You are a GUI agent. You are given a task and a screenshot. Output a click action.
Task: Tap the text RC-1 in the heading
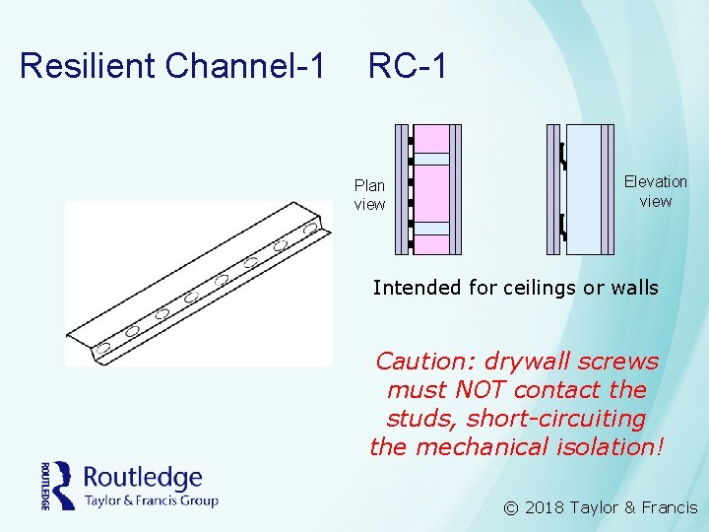408,66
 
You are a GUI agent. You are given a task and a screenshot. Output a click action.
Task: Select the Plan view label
370,195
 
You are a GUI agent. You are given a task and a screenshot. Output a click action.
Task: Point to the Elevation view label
655,191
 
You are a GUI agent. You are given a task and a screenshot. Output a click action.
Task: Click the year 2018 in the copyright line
545,508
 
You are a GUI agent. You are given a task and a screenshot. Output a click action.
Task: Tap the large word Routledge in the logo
143,478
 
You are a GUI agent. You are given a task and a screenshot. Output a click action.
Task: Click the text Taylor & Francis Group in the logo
151,499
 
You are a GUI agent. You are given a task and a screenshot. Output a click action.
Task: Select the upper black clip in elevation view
562,156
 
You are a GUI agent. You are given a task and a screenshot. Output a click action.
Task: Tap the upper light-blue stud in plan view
431,159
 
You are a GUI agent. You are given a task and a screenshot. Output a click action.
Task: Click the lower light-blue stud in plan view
431,229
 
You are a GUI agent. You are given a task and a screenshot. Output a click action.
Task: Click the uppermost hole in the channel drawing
311,228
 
